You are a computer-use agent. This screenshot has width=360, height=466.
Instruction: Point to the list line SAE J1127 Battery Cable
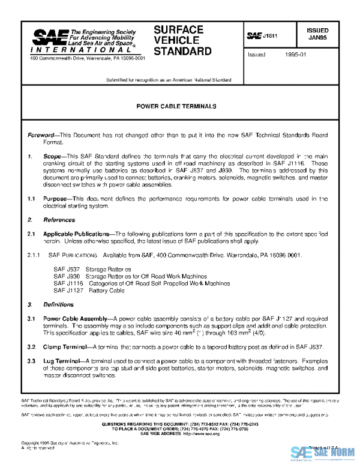click(x=89, y=290)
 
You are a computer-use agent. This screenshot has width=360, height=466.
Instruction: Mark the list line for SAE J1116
click(x=133, y=283)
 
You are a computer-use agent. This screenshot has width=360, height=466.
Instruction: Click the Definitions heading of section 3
click(x=58, y=304)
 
